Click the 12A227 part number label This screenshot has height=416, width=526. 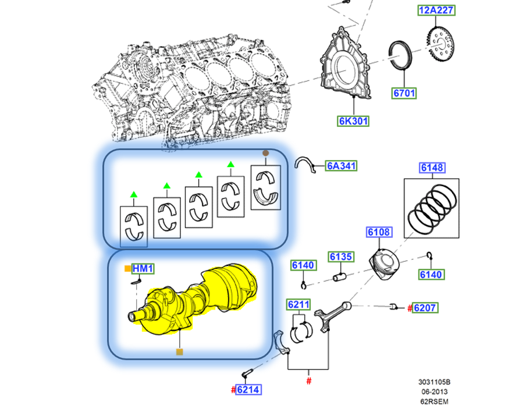pyautogui.click(x=436, y=10)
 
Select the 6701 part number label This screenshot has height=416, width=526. pyautogui.click(x=404, y=93)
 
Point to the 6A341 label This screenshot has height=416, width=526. pyautogui.click(x=341, y=166)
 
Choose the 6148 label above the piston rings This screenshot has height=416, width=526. pyautogui.click(x=432, y=168)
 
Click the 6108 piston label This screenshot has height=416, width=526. pyautogui.click(x=379, y=233)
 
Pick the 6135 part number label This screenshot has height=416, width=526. pyautogui.click(x=341, y=257)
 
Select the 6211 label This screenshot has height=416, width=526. pyautogui.click(x=298, y=304)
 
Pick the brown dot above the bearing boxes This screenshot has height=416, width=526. pyautogui.click(x=266, y=153)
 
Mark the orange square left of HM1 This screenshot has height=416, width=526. pyautogui.click(x=127, y=268)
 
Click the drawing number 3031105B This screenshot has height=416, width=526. pyautogui.click(x=434, y=382)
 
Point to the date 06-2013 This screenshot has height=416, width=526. pyautogui.click(x=434, y=392)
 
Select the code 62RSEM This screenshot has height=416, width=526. pyautogui.click(x=434, y=401)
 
